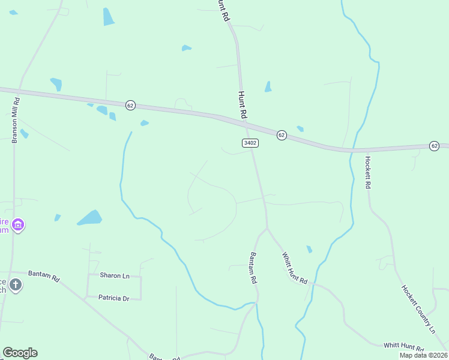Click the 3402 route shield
coord(250,143)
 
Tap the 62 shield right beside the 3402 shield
coord(282,135)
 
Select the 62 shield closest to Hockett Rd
coord(434,146)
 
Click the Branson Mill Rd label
coord(16,120)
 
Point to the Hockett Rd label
coord(367,172)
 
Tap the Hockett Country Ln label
coord(418,308)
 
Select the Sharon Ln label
coord(115,275)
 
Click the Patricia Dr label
coord(114,298)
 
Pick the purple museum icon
coord(18,226)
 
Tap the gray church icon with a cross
coord(16,285)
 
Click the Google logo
coord(20,353)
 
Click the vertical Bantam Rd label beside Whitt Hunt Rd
coord(253,268)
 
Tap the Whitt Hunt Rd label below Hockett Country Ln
coord(403,346)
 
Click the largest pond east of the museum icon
coord(90,217)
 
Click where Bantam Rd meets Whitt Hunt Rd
coord(267,228)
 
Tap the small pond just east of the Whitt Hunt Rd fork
coord(309,249)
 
